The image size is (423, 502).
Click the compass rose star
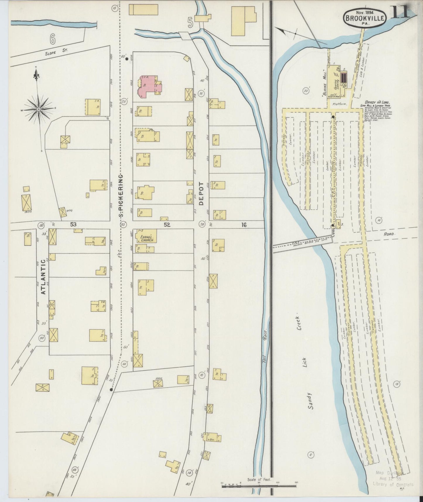pos(38,109)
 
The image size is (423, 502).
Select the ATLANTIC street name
pos(43,276)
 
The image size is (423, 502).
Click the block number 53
pos(73,225)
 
